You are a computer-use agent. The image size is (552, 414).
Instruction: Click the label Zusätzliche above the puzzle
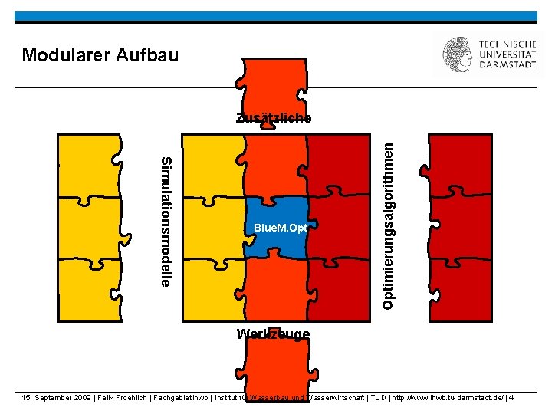click(274, 118)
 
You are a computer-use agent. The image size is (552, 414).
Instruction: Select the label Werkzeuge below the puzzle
click(274, 333)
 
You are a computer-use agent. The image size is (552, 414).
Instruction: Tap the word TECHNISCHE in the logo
click(508, 44)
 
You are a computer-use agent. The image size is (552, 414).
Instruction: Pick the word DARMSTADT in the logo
click(508, 66)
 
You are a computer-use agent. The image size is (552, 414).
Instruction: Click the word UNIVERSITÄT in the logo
click(508, 55)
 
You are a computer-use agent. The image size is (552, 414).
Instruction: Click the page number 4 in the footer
click(511, 397)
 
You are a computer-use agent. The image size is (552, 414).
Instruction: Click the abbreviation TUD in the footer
click(378, 397)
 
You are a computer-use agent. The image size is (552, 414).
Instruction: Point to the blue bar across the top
click(276, 16)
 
